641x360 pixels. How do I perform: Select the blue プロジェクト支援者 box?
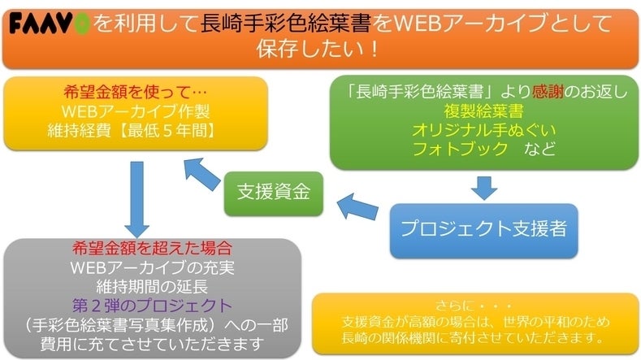(x=484, y=228)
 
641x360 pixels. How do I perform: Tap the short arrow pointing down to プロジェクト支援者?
(x=484, y=187)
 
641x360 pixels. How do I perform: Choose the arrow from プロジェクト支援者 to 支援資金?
(x=357, y=208)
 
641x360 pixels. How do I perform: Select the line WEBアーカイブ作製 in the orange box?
(x=136, y=111)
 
